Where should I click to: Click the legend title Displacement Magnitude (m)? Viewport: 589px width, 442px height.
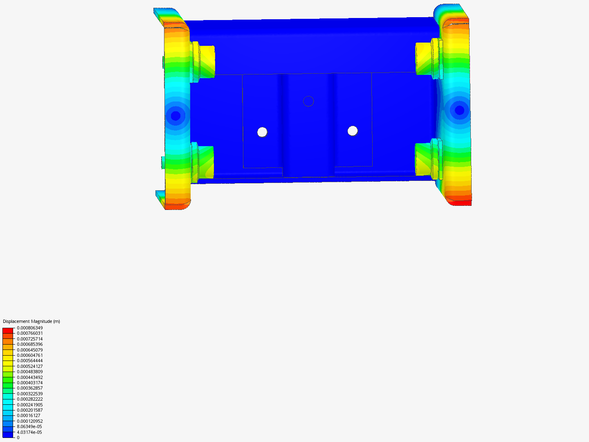tap(31, 321)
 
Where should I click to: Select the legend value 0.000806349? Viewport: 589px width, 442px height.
tap(30, 328)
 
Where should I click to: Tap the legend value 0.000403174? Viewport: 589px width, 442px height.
tap(30, 383)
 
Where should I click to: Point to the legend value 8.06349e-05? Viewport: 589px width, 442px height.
tap(29, 426)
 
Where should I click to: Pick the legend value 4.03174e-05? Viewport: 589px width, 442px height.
tap(29, 432)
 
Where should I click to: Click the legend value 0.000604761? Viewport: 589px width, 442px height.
tap(30, 355)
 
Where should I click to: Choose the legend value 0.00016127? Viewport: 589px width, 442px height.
tap(29, 415)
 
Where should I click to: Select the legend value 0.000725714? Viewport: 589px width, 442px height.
tap(30, 339)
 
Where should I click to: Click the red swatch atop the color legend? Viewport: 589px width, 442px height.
tap(8, 330)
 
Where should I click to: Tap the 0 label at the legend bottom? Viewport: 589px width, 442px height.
tap(18, 437)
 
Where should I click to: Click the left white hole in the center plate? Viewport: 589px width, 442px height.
tap(262, 132)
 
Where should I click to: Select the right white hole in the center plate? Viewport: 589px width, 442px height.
tap(353, 131)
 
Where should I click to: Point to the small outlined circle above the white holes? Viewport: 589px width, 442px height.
tap(308, 101)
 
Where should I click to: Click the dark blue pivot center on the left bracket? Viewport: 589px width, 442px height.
tap(175, 116)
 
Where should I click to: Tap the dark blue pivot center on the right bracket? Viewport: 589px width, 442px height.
tap(459, 110)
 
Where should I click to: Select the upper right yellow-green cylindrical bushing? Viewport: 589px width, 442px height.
tap(424, 59)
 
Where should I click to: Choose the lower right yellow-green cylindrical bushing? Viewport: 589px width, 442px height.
tap(423, 160)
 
